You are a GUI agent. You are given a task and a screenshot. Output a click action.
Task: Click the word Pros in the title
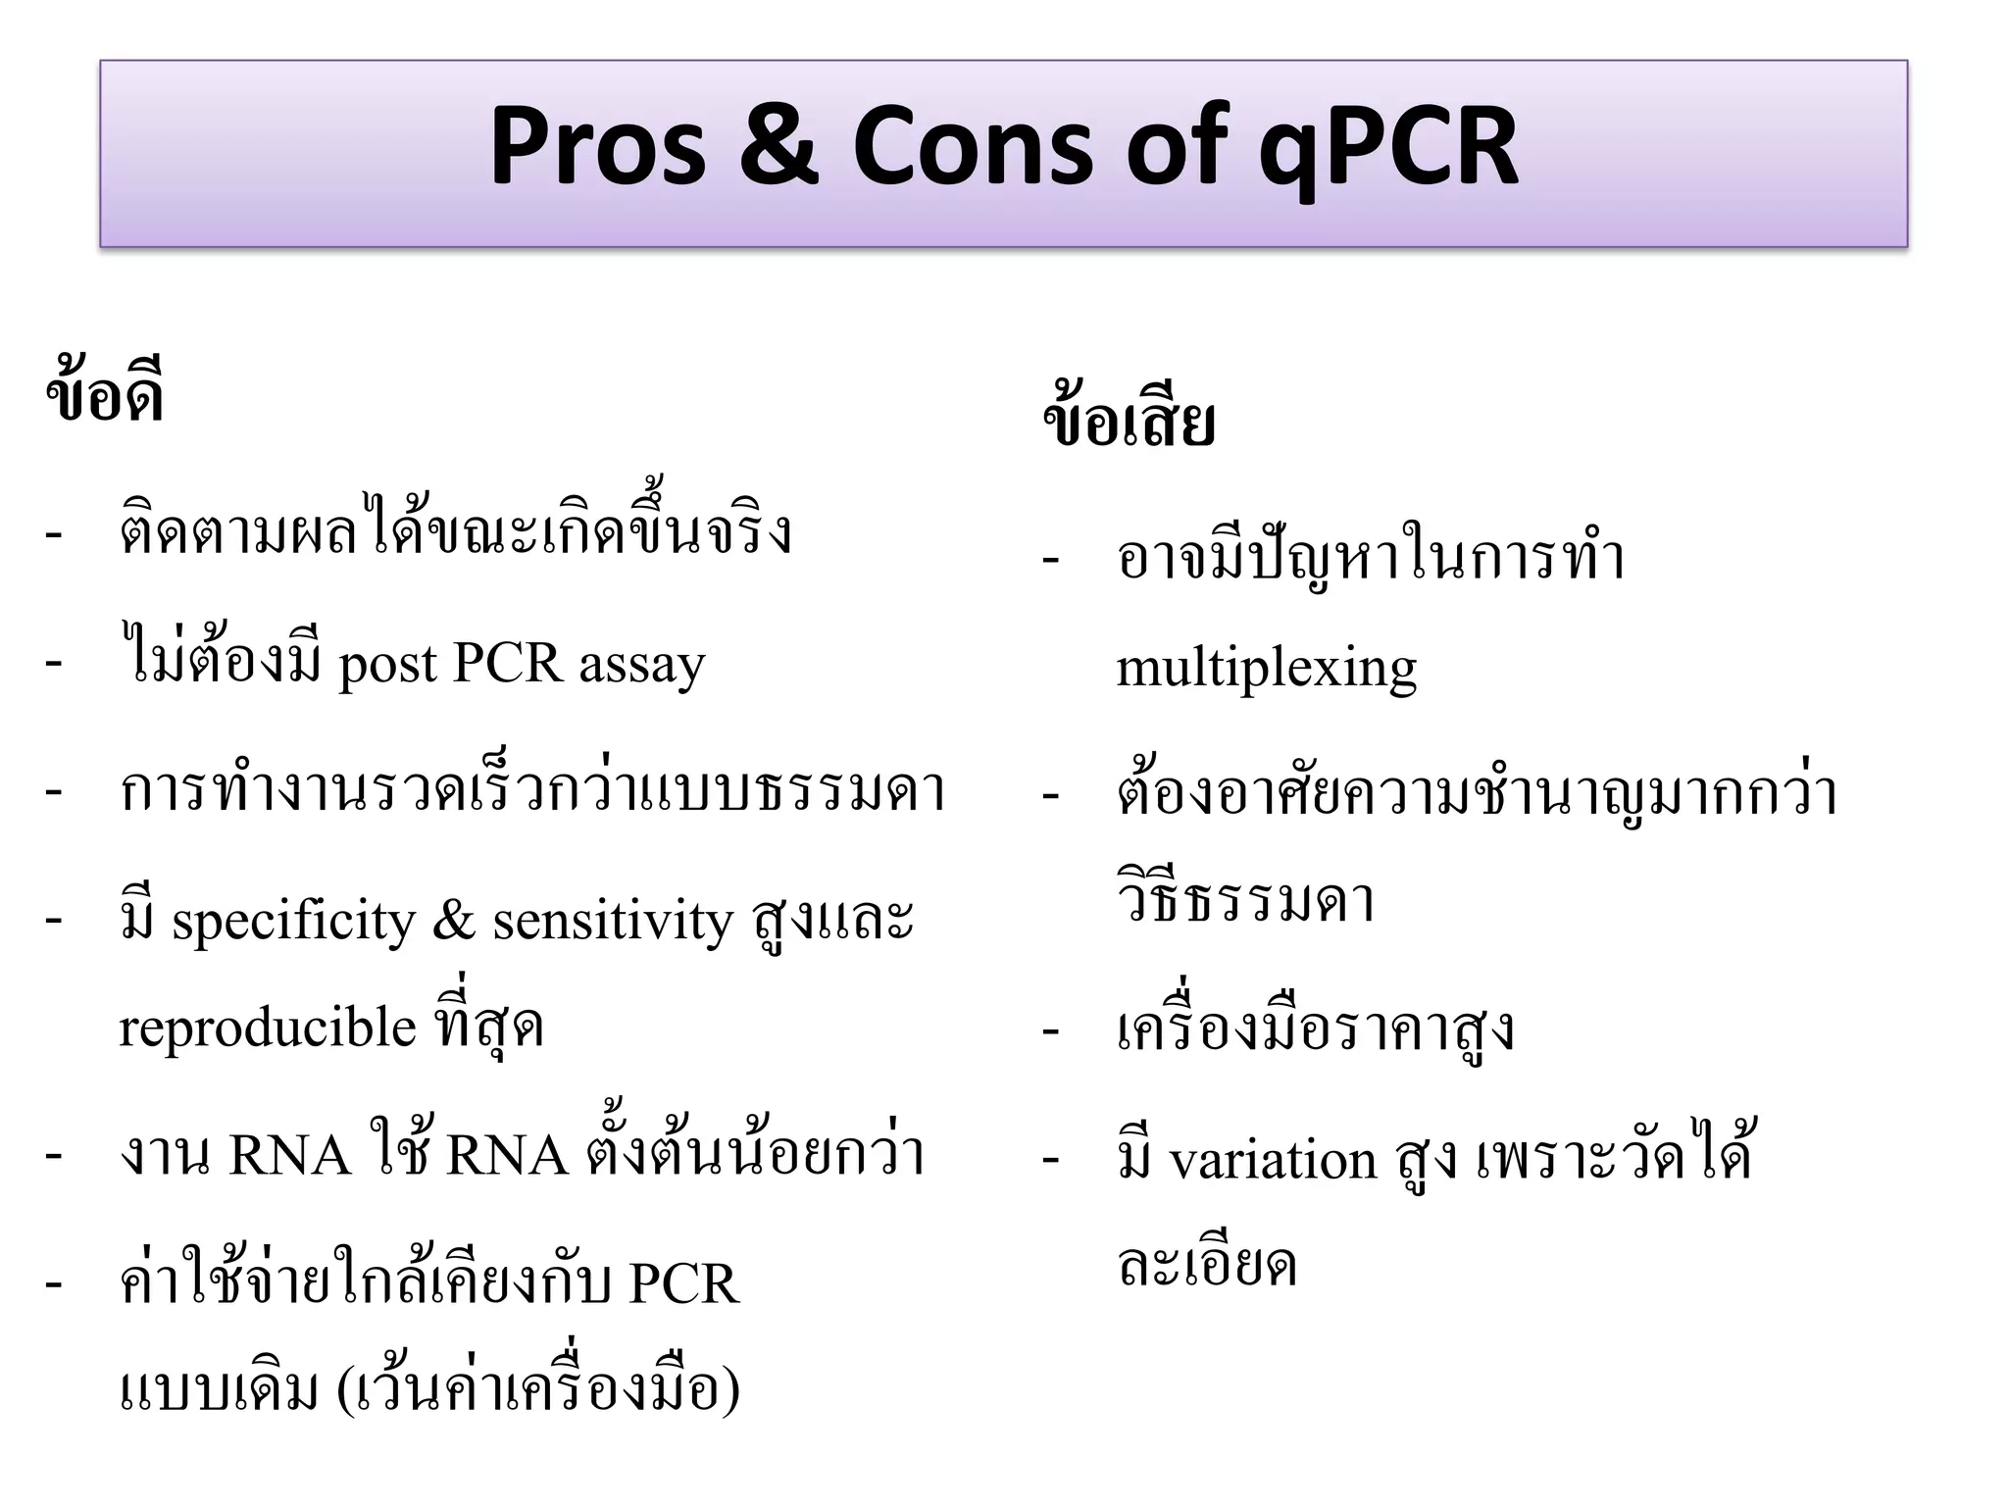pyautogui.click(x=597, y=148)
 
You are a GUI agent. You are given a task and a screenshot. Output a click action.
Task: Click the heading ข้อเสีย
pyautogui.click(x=1129, y=421)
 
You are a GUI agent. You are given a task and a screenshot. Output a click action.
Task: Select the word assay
pyautogui.click(x=641, y=666)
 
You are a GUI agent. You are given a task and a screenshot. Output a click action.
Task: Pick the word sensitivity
pyautogui.click(x=612, y=921)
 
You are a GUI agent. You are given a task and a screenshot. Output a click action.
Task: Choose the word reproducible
pyautogui.click(x=267, y=1029)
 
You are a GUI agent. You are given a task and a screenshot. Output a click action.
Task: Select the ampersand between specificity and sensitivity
pyautogui.click(x=453, y=921)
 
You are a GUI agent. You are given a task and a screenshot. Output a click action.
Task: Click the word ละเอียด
pyautogui.click(x=1207, y=1264)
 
